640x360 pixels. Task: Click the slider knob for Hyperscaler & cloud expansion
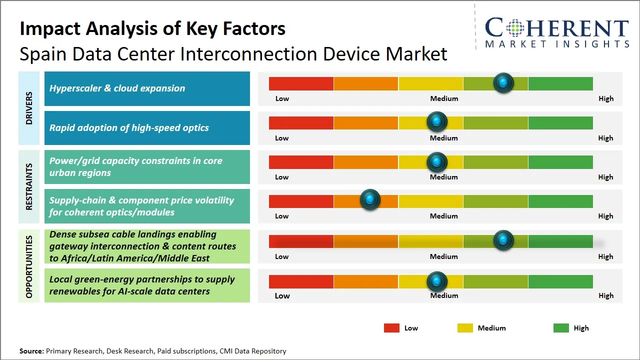coord(503,83)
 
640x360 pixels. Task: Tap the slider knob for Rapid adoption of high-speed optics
coord(437,121)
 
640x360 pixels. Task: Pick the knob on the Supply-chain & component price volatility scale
coord(370,200)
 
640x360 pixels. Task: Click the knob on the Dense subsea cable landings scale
coord(503,240)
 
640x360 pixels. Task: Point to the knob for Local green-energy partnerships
coord(437,281)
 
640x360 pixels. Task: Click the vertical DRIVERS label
coord(29,107)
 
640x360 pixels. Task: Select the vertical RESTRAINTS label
coord(29,186)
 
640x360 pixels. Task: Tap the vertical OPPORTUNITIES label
coord(29,266)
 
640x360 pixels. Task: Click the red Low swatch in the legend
coord(391,328)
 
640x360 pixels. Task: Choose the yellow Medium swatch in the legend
coord(465,328)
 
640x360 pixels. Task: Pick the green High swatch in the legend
coord(561,328)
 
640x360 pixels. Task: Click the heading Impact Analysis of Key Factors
coord(152,29)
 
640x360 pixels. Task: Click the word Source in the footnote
coord(31,351)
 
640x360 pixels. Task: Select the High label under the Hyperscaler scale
coord(605,98)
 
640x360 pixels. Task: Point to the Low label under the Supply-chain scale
coord(282,216)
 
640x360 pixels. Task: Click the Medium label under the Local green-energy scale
coord(444,295)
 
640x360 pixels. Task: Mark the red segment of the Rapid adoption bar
coord(301,122)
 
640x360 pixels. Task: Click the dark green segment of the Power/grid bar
coord(560,162)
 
